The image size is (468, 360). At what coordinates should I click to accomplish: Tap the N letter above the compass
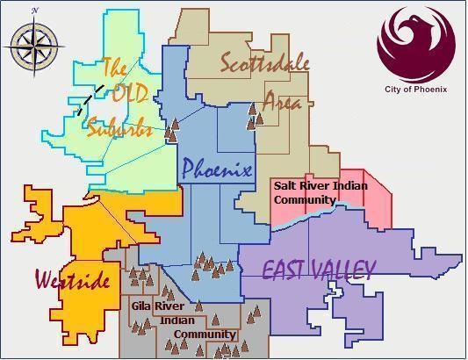(x=34, y=11)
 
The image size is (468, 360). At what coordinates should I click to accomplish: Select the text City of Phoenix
(x=416, y=90)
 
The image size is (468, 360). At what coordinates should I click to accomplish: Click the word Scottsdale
(x=264, y=64)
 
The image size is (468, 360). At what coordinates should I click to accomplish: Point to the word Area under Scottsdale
(x=283, y=102)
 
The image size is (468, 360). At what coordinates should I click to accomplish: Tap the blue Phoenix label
(x=216, y=169)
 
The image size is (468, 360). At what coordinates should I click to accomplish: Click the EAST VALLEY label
(x=320, y=269)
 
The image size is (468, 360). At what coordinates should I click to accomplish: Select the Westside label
(x=73, y=281)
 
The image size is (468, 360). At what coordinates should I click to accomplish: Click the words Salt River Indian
(x=320, y=186)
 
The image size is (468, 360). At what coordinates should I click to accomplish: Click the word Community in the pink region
(x=304, y=199)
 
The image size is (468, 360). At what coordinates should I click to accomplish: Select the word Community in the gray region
(x=205, y=335)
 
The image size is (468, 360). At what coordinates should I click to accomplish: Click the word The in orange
(x=115, y=67)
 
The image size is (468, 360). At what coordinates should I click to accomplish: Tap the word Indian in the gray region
(x=178, y=320)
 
